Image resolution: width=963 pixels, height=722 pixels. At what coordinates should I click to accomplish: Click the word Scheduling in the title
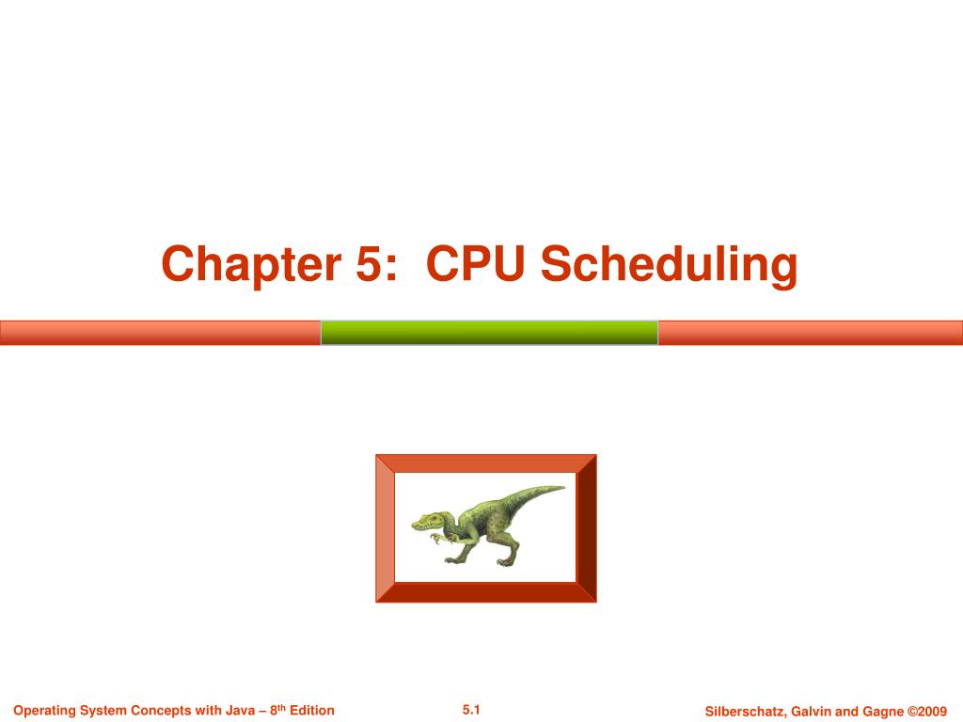click(671, 266)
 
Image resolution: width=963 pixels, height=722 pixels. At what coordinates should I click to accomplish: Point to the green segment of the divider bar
click(489, 333)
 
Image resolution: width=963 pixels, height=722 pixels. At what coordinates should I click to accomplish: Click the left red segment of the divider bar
click(160, 333)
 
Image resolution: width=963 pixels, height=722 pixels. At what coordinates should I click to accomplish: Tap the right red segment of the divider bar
click(810, 333)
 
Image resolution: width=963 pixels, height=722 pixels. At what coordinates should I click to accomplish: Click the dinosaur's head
click(429, 520)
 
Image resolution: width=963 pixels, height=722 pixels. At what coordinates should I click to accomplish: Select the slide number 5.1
click(471, 710)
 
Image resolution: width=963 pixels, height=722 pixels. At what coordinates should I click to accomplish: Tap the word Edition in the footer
click(311, 711)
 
